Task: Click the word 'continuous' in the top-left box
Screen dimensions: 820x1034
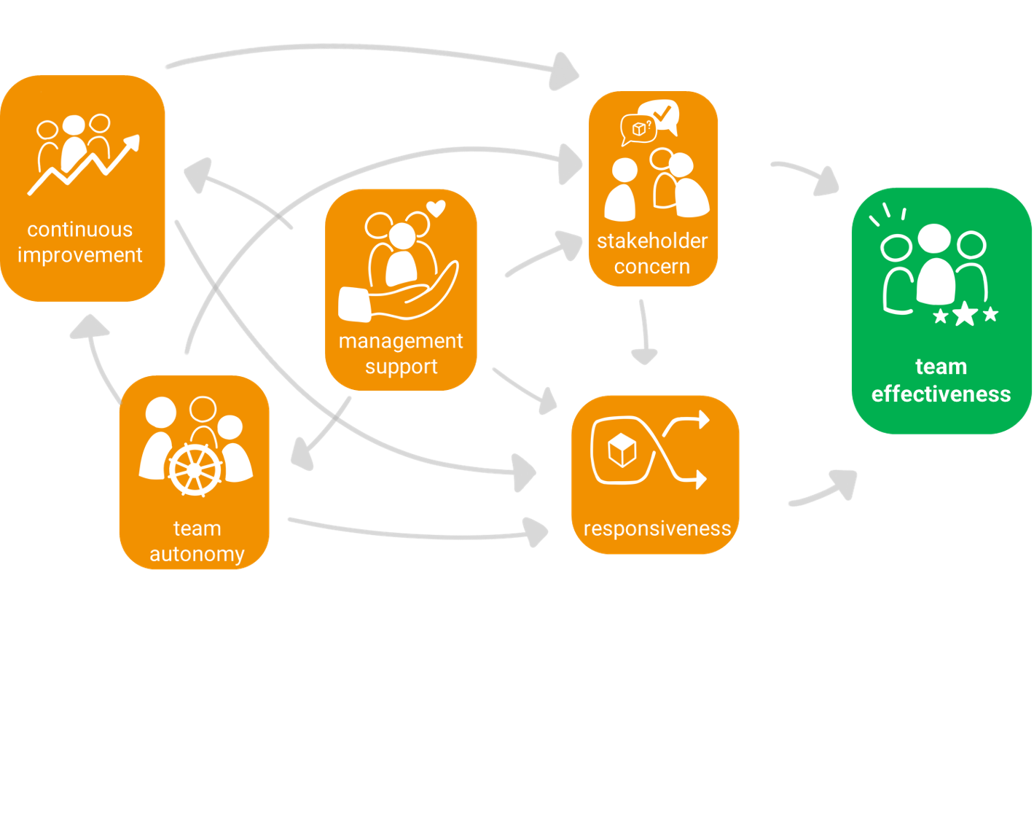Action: point(80,230)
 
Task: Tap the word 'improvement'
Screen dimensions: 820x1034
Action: point(80,255)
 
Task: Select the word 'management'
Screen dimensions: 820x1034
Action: point(401,341)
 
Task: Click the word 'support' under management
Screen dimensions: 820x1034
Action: point(401,366)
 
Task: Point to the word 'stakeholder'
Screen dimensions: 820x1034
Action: point(652,241)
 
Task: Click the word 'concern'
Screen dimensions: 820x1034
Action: point(652,267)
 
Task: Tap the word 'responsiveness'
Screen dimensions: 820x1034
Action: point(657,528)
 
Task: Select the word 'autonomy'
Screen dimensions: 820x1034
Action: point(197,554)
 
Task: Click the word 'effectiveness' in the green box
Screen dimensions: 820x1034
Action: point(941,394)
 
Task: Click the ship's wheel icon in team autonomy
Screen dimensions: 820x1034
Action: point(195,470)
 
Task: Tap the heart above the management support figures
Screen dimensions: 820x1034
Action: point(436,209)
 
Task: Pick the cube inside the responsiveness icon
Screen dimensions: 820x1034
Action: point(622,450)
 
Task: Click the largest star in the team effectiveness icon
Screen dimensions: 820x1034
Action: point(965,314)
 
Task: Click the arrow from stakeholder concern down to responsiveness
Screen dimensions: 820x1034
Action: point(643,332)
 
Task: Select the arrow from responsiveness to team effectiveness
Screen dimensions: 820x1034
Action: point(823,491)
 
